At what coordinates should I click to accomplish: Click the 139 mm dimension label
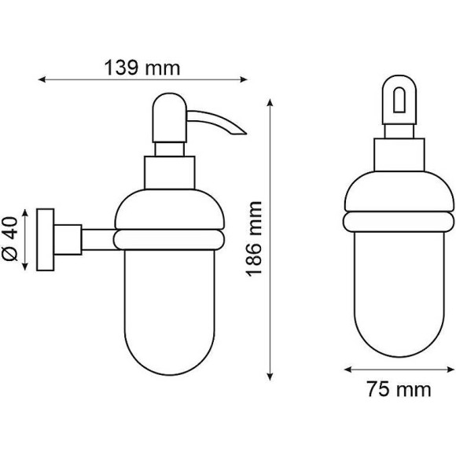(x=142, y=68)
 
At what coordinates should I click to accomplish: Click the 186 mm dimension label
(x=254, y=239)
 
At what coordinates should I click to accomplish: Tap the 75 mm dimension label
(x=399, y=389)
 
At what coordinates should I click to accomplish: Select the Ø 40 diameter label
(x=10, y=238)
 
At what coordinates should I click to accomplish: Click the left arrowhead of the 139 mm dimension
(x=42, y=79)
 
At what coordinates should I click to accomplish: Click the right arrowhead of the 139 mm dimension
(x=244, y=79)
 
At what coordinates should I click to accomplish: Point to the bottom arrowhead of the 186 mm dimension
(x=270, y=377)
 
